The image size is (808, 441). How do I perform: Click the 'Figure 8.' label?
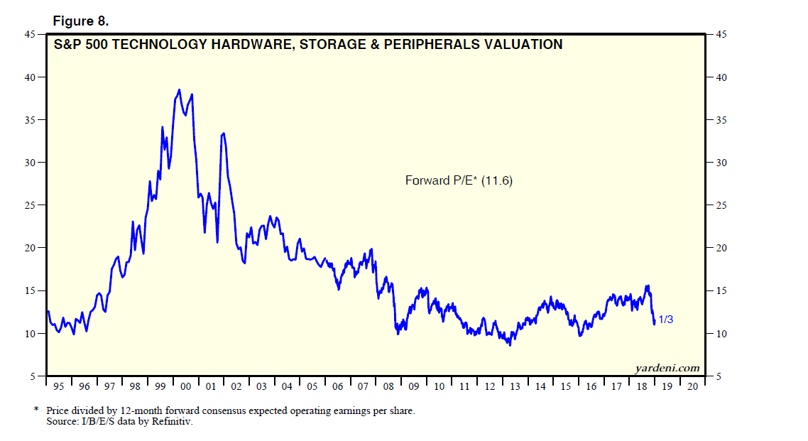(x=81, y=21)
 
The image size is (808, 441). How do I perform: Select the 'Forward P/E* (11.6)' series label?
(x=459, y=181)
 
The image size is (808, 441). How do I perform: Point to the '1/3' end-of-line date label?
(x=665, y=320)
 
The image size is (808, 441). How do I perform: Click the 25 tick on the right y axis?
(x=721, y=205)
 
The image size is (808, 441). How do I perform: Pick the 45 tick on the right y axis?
(x=721, y=34)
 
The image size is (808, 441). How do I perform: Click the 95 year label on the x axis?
(x=59, y=386)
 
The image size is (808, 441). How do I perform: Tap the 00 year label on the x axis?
(x=186, y=386)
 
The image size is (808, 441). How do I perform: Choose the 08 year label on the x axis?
(x=388, y=386)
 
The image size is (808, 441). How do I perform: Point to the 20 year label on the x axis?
(x=692, y=386)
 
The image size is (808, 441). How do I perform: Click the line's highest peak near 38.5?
(x=179, y=89)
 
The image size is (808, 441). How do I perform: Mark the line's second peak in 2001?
(x=224, y=133)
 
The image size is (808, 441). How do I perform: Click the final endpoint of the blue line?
(x=654, y=324)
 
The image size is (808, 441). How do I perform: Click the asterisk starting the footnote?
(x=36, y=410)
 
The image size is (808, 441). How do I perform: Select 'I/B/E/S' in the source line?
(x=97, y=422)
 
